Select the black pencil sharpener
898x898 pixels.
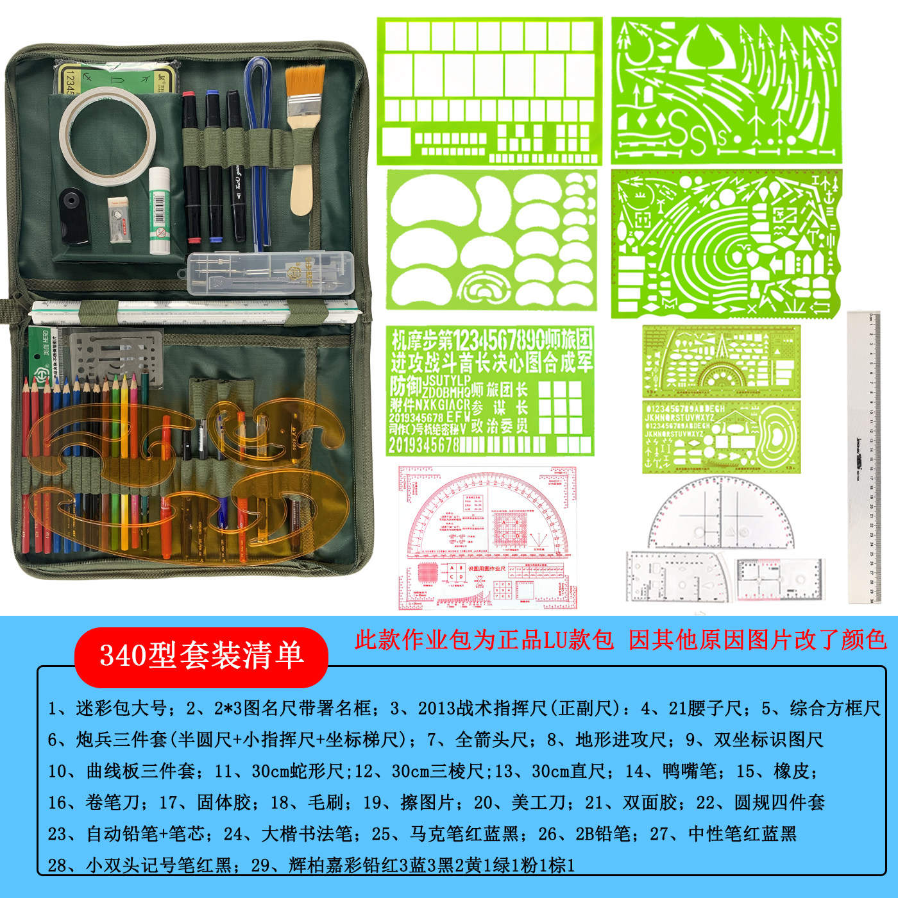72,216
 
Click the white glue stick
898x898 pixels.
159,210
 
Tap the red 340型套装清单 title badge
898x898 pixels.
201,656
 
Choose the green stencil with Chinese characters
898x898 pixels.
490,391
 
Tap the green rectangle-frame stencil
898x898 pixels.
490,90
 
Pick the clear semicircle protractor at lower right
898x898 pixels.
721,513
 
